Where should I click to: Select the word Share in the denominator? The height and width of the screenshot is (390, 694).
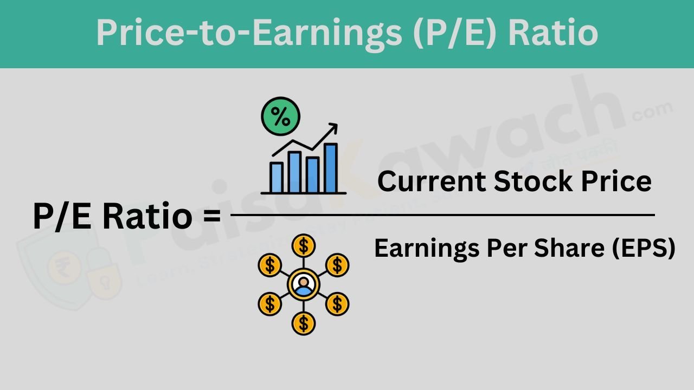(x=564, y=249)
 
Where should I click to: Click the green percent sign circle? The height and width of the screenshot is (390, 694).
(x=280, y=115)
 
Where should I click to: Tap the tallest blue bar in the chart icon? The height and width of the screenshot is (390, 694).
(x=330, y=167)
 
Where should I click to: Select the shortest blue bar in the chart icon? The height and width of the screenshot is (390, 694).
(x=277, y=177)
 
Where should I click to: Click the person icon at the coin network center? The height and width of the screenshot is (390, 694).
(x=304, y=284)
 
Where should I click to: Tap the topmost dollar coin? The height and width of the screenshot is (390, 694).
(x=304, y=245)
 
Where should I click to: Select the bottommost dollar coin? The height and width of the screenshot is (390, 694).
(x=304, y=323)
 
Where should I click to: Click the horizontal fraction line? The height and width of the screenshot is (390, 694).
(x=442, y=215)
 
